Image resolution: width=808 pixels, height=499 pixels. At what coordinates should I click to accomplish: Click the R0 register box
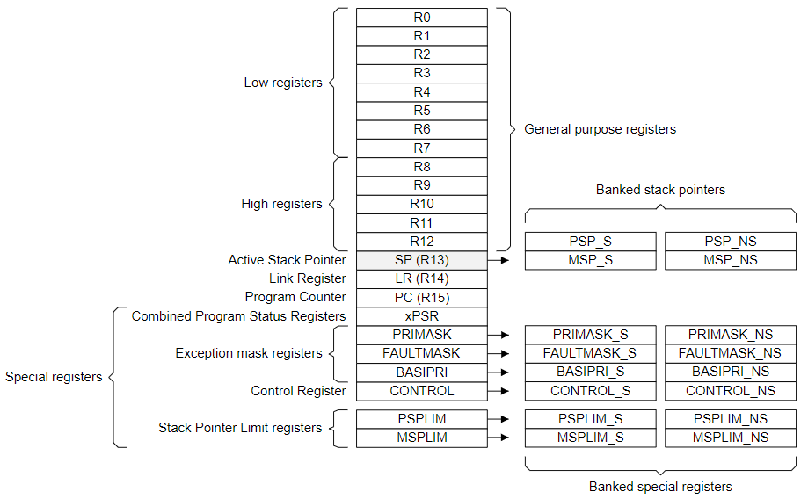point(421,18)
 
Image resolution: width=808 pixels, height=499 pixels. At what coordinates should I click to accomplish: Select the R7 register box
point(421,148)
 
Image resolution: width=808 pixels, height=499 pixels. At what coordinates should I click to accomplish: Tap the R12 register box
point(421,242)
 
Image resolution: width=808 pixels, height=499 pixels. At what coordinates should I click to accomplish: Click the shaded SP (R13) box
point(421,260)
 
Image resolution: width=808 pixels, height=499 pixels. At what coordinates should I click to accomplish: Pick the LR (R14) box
point(421,278)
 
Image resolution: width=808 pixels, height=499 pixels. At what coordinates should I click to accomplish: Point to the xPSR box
point(421,316)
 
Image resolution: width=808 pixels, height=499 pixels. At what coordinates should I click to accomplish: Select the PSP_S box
point(590,242)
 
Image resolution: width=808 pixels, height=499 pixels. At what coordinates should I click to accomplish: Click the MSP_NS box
point(730,260)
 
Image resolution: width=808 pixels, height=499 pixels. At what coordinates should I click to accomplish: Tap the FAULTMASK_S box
point(590,353)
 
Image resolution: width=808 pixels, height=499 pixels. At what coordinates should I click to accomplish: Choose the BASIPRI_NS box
point(730,372)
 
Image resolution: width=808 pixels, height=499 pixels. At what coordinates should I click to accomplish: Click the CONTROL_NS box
point(730,391)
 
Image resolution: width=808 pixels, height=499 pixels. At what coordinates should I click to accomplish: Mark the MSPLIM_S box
point(590,438)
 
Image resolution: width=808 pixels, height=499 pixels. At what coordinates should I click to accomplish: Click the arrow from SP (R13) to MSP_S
point(498,261)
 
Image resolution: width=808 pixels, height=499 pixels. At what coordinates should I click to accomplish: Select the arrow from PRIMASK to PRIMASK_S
point(498,335)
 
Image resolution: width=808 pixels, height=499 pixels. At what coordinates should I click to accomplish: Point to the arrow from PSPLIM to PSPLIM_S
point(498,419)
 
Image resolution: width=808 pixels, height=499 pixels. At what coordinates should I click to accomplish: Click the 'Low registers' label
point(282,83)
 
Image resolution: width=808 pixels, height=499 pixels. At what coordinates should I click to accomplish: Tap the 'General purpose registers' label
point(600,129)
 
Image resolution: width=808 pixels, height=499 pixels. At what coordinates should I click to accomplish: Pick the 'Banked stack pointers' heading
point(660,190)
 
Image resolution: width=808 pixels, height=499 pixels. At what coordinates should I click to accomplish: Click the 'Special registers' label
point(54,377)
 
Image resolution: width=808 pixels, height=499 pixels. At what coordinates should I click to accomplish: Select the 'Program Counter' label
point(295,297)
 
